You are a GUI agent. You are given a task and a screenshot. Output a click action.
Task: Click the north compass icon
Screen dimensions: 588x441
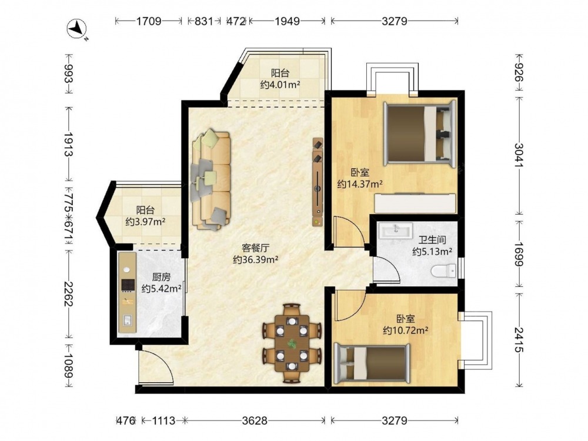point(76,29)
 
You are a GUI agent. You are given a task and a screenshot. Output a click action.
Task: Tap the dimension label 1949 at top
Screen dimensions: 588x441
point(288,21)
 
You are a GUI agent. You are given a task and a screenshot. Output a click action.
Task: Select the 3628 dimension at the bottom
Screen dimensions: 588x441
point(255,421)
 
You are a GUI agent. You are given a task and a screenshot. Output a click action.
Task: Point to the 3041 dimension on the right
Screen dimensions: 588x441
point(519,155)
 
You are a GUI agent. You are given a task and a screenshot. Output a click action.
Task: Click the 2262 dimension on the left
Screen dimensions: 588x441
point(68,295)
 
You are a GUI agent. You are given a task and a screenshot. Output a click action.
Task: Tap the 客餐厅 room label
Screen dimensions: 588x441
point(255,248)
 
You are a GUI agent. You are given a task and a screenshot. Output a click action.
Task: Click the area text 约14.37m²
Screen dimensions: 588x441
point(360,184)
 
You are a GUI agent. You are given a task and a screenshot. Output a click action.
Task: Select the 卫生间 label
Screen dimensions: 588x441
point(432,240)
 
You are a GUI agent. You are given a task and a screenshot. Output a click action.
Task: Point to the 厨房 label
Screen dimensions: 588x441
point(162,277)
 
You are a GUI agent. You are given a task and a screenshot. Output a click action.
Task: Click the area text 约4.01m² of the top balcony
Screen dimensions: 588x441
point(280,84)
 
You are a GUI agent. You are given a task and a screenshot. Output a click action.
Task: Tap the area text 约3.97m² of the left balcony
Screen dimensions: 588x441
point(145,222)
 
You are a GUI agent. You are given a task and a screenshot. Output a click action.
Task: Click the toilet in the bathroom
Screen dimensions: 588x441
point(443,270)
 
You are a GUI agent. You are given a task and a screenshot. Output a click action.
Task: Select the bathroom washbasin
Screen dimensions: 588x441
point(395,230)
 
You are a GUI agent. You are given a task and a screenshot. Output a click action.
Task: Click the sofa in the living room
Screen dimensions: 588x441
point(211,179)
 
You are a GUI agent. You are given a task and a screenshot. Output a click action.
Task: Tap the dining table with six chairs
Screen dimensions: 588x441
point(292,343)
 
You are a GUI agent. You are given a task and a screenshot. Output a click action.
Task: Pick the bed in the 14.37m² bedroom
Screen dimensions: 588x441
point(419,133)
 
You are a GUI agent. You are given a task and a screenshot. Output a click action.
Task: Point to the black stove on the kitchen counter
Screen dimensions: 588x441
point(128,285)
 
